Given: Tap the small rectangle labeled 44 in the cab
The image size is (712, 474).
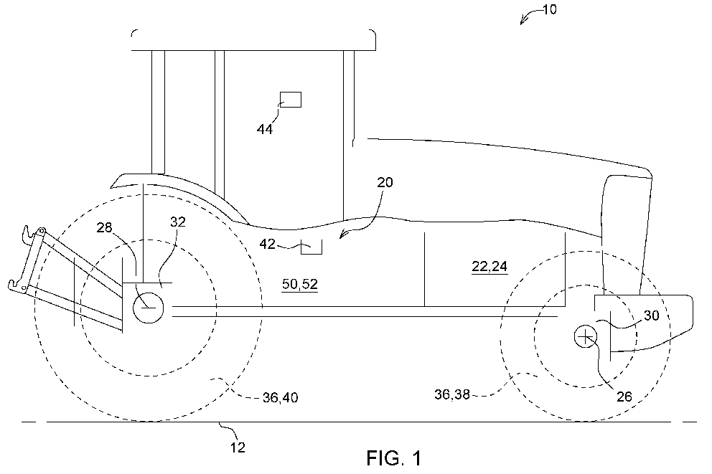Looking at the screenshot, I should [x=290, y=99].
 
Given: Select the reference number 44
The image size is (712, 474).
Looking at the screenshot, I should [x=265, y=129].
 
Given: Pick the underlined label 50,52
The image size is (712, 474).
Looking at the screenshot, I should [x=300, y=285].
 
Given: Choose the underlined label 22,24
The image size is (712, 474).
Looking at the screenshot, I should [x=489, y=267].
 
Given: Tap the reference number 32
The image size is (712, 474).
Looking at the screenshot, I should [x=177, y=222].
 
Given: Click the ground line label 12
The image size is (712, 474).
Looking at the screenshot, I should [x=238, y=448].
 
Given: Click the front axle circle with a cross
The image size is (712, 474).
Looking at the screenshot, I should [x=586, y=336].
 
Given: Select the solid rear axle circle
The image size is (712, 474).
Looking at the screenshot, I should [x=148, y=308].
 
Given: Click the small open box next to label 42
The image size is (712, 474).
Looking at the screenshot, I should [x=311, y=247].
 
